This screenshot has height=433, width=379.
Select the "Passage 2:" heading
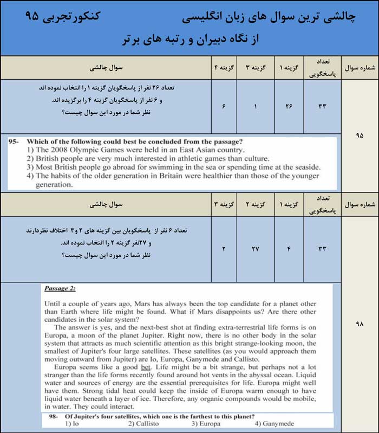tap(60, 288)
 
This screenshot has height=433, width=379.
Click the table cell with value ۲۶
tap(289, 106)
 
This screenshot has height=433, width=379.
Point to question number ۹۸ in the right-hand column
tap(360, 324)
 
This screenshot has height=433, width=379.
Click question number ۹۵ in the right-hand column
tap(360, 135)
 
